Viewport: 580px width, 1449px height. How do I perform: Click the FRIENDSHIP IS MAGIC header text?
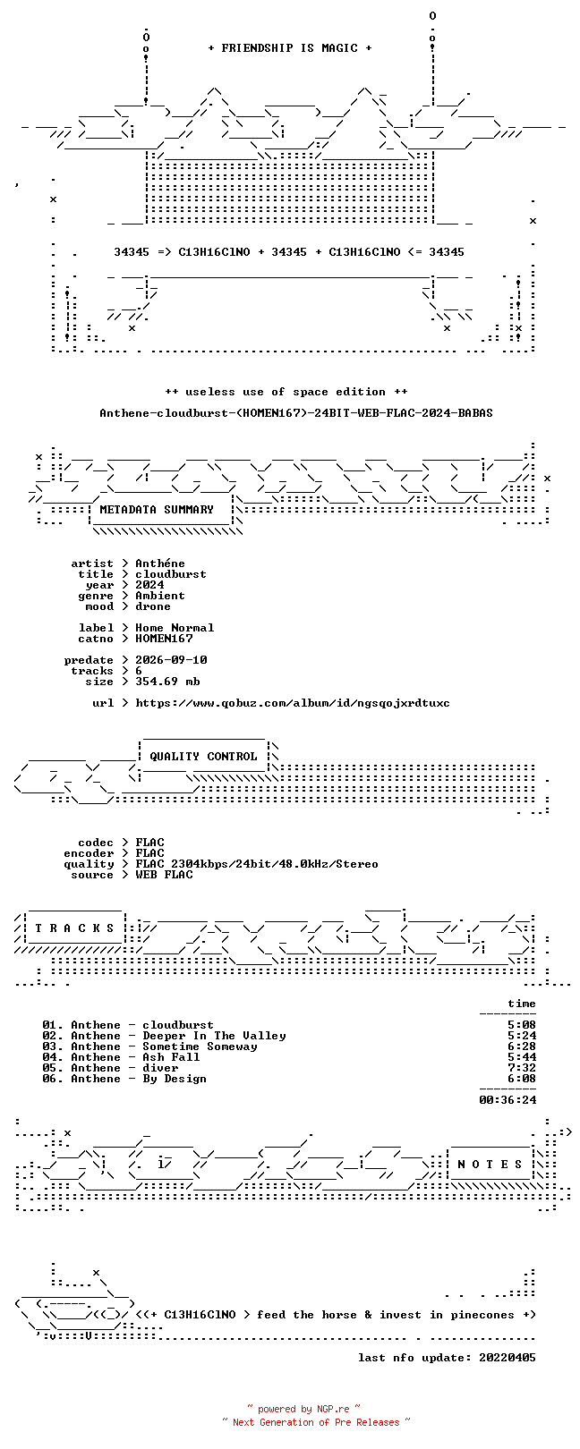(289, 48)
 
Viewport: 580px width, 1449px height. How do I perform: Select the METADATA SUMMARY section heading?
(157, 510)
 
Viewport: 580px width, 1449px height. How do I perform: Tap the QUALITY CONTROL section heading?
(203, 757)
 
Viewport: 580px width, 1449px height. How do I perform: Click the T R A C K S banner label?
(74, 928)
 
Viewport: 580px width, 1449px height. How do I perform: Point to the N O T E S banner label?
(490, 1165)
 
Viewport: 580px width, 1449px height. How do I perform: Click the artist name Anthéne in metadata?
(160, 563)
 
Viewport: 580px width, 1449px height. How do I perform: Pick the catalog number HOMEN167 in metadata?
(164, 639)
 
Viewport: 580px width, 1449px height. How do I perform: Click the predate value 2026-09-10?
(171, 660)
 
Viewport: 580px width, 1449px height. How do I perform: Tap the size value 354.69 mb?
(167, 682)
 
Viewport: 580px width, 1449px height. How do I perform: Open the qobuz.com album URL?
(293, 703)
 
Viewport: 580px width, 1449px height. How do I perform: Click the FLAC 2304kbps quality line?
(257, 864)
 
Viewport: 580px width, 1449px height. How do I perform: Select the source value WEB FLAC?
(164, 875)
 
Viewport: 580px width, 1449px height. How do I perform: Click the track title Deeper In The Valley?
(214, 1036)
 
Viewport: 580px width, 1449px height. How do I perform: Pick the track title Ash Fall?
(171, 1057)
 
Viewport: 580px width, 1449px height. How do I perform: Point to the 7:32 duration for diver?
(522, 1068)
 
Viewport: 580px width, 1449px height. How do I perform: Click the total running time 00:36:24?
(507, 1099)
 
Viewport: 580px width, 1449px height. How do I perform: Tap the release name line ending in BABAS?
(296, 412)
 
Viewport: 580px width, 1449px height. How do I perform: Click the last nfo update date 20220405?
(507, 1358)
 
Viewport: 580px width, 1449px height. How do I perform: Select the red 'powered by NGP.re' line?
(303, 1409)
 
